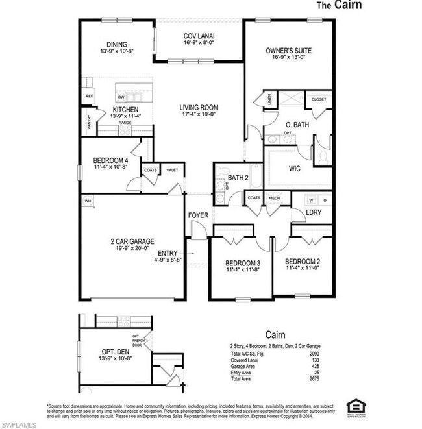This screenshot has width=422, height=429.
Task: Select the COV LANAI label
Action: [x=199, y=36]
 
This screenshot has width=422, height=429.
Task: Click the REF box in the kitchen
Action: [x=89, y=95]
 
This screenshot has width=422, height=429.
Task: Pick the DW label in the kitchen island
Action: [x=121, y=97]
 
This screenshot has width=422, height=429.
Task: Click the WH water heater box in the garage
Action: [x=87, y=201]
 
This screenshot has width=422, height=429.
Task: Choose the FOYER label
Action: [x=197, y=215]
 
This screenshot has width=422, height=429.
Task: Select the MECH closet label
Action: [x=274, y=198]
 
